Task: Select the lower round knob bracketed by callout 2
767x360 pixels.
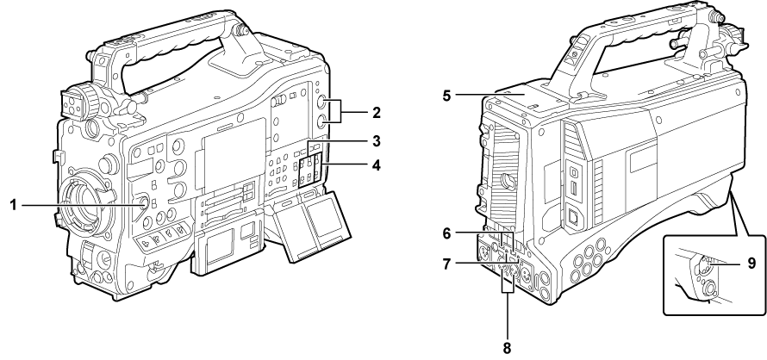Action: (x=321, y=121)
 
